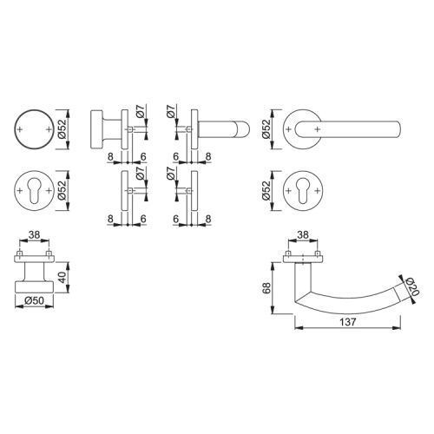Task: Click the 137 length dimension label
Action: [347, 322]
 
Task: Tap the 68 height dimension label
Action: [266, 288]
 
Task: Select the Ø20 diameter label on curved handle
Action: [411, 286]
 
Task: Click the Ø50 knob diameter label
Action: [34, 301]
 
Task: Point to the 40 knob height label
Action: [62, 277]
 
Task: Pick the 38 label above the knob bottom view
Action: [34, 235]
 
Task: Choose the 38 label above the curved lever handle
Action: [303, 235]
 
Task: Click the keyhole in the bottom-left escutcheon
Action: [35, 191]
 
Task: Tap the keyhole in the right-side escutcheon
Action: [303, 191]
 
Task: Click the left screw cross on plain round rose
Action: [20, 129]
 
